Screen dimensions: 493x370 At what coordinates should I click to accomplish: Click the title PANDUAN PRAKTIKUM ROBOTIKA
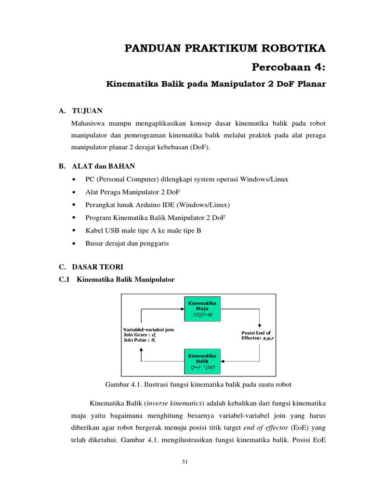click(x=225, y=48)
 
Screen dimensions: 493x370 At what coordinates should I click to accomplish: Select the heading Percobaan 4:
click(x=289, y=66)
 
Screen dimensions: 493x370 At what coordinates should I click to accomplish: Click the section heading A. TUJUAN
click(x=80, y=111)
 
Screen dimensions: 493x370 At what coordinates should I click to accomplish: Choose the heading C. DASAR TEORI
click(x=91, y=266)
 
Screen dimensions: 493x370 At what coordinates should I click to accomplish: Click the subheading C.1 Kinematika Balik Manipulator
click(x=116, y=279)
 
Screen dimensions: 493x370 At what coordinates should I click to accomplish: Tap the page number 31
click(x=185, y=462)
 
